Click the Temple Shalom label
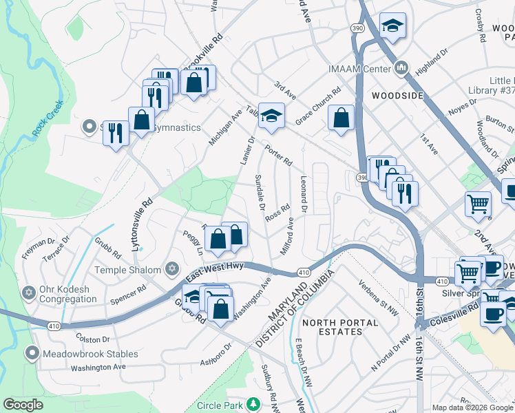pos(127,271)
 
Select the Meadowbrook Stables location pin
pos(32,354)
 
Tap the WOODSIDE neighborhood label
pos(397,96)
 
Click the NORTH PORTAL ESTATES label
pos(340,327)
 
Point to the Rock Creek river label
pos(47,118)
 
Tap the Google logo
pos(23,405)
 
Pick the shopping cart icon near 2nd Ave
pos(479,203)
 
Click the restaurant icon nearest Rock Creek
pos(116,131)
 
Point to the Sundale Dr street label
pos(260,192)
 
